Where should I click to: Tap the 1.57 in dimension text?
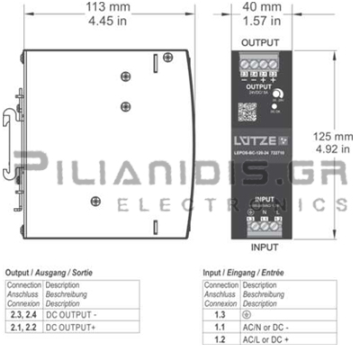tap(258, 22)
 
